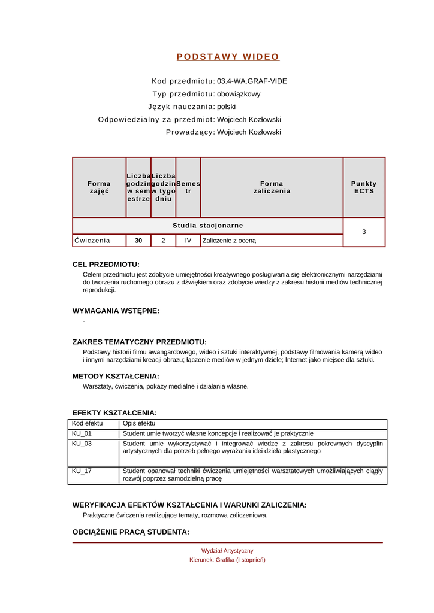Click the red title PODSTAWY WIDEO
pos(228,57)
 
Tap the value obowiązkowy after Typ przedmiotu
pos(239,94)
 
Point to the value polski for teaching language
pos(226,107)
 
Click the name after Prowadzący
pos(249,132)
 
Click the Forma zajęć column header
pos(99,187)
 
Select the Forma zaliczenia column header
pos(272,187)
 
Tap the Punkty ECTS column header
pos(364,187)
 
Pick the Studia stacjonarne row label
pos(207,226)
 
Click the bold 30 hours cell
pos(138,241)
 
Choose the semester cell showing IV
pos(188,241)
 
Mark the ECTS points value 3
pos(364,232)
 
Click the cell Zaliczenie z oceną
pos(229,241)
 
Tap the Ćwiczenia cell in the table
pos(92,241)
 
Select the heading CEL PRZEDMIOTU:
pos(106,264)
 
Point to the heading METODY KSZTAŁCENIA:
pos(116,376)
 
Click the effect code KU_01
pos(82,433)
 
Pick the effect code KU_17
pos(82,471)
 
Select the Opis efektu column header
pos(138,423)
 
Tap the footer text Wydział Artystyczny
pos(227,550)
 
